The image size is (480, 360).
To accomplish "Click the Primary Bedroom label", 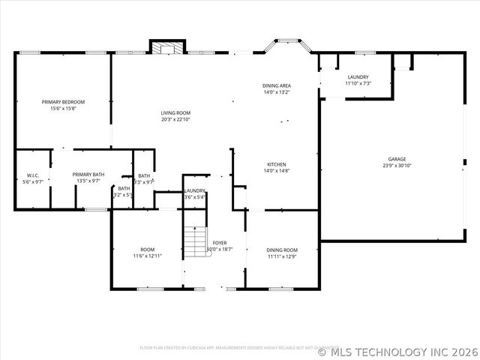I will click(63, 102).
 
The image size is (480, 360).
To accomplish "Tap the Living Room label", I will click(175, 113).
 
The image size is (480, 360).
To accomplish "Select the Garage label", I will click(397, 159).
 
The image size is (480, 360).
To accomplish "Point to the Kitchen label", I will click(276, 165).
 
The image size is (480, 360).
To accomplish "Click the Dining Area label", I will click(276, 86).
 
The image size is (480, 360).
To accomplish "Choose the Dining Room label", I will click(283, 250).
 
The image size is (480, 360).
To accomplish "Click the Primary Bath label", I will click(88, 175).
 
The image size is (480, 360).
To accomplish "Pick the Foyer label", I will click(220, 243).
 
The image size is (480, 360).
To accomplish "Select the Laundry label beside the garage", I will click(358, 77).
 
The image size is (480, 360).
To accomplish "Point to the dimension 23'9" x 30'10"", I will click(397, 166).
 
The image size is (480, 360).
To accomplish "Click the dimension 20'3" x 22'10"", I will click(175, 119).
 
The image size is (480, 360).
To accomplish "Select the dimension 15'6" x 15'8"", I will click(63, 109).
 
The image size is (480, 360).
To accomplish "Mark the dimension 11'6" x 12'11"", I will click(148, 256).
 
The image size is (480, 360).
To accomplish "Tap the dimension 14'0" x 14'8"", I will click(276, 171).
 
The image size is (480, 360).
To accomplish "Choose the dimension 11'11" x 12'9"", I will click(283, 256).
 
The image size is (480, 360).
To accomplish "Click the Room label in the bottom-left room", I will click(148, 250).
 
